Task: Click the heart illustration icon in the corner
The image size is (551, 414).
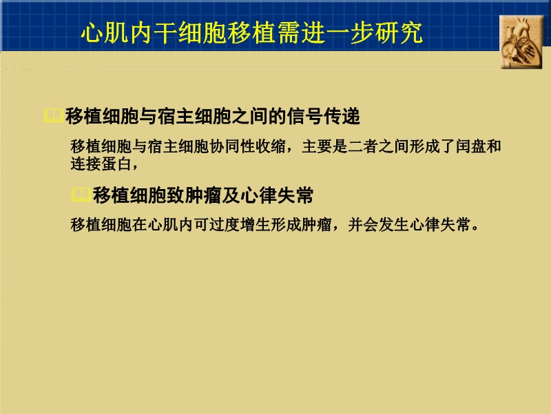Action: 521,41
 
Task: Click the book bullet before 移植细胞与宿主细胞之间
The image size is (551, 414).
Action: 53,117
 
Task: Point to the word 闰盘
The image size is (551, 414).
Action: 472,147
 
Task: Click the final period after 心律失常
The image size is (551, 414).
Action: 472,228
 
